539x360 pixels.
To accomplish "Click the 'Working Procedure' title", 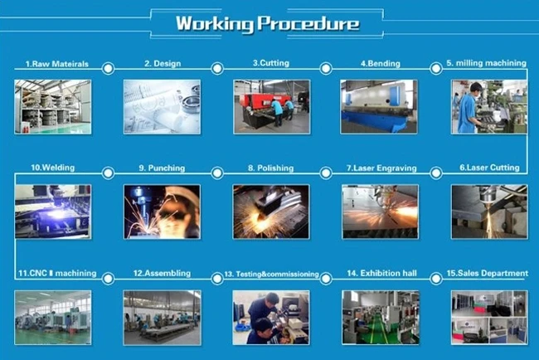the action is pyautogui.click(x=268, y=24).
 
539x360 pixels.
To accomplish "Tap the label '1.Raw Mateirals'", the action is pyautogui.click(x=57, y=64).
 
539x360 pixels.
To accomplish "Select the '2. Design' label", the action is pyautogui.click(x=163, y=64).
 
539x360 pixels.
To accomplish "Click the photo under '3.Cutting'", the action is pyautogui.click(x=271, y=107).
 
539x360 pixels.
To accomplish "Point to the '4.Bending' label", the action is pyautogui.click(x=381, y=64).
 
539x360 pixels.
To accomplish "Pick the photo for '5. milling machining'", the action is pyautogui.click(x=488, y=107).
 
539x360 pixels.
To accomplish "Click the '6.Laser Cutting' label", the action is pyautogui.click(x=489, y=168).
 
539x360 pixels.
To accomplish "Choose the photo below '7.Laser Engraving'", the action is pyautogui.click(x=380, y=212).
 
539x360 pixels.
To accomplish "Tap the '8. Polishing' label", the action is pyautogui.click(x=271, y=168).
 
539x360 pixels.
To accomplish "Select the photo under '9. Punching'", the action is pyautogui.click(x=162, y=212).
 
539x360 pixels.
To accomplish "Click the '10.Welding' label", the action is pyautogui.click(x=52, y=168).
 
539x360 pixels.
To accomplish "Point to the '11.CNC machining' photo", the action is pyautogui.click(x=53, y=318).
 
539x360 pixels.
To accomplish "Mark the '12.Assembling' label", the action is pyautogui.click(x=162, y=274).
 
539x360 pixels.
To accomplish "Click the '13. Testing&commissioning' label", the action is pyautogui.click(x=271, y=274).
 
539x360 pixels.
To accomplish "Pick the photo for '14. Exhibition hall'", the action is pyautogui.click(x=381, y=318).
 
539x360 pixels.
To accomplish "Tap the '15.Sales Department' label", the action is pyautogui.click(x=487, y=274).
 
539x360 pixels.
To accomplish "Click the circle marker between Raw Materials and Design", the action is pyautogui.click(x=109, y=68).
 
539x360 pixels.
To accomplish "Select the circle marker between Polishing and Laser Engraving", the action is pyautogui.click(x=326, y=173).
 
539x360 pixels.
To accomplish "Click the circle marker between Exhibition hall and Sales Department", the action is pyautogui.click(x=436, y=279).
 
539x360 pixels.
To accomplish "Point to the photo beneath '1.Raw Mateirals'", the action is pyautogui.click(x=53, y=107).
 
